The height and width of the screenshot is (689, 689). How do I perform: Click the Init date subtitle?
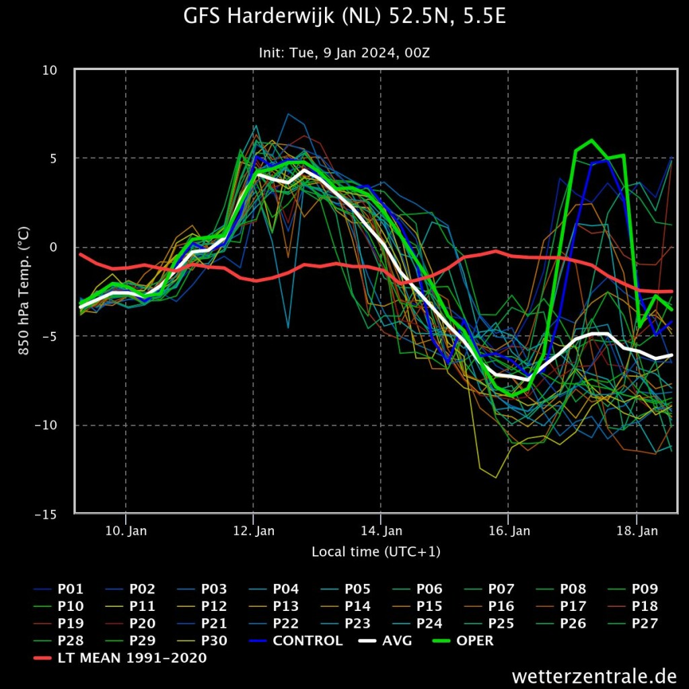(344, 52)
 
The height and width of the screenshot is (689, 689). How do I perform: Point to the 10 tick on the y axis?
(50, 70)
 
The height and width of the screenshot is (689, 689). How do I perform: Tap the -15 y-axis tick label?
(46, 514)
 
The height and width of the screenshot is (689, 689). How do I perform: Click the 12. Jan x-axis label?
(254, 531)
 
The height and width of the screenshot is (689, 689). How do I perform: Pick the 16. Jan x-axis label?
(509, 531)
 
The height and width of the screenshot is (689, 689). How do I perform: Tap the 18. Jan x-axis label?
(637, 531)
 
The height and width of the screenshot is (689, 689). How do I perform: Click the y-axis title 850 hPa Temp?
(24, 291)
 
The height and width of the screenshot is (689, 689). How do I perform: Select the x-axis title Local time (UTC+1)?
(376, 552)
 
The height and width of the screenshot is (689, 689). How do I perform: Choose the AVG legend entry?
(386, 641)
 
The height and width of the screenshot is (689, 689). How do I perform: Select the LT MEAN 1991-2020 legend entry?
(120, 658)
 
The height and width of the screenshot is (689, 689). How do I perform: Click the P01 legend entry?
(59, 589)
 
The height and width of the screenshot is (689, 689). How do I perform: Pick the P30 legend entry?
(202, 641)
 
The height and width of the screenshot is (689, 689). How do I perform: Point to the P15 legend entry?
(417, 606)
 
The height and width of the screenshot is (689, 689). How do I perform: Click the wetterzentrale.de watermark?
(594, 676)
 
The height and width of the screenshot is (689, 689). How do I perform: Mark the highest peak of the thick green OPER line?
(591, 140)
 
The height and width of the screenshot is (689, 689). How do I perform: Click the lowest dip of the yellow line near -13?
(496, 478)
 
